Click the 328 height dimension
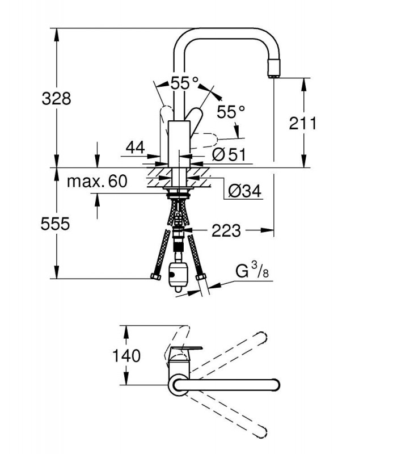56,98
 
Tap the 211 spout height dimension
303,123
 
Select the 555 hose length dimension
55,224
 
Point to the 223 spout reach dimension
226,231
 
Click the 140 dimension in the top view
126,356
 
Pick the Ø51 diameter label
229,154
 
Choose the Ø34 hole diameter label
244,191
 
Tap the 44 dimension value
135,148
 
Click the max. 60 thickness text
97,182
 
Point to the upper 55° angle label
185,83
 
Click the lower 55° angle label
231,111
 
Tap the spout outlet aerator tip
274,68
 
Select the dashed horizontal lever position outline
204,140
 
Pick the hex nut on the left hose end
155,276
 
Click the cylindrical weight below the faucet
178,276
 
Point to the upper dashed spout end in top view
262,337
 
